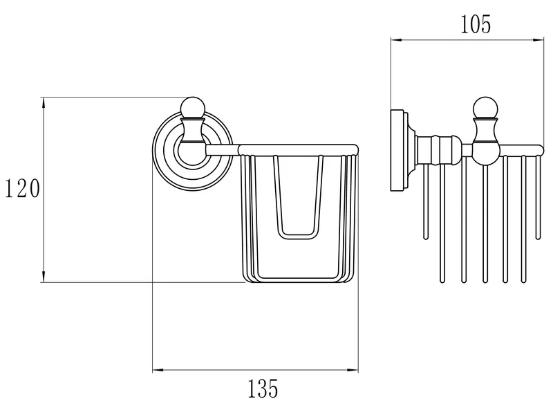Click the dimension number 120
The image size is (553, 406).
pos(22,189)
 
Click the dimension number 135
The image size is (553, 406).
pos(263,389)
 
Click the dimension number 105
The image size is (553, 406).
pos(476,25)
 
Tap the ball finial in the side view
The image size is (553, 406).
pos(485,108)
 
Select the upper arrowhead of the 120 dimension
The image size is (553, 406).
pos(44,102)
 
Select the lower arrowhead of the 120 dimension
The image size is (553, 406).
pos(44,277)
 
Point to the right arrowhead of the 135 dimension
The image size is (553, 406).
pos(353,370)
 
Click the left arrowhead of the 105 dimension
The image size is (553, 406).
pos(396,40)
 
